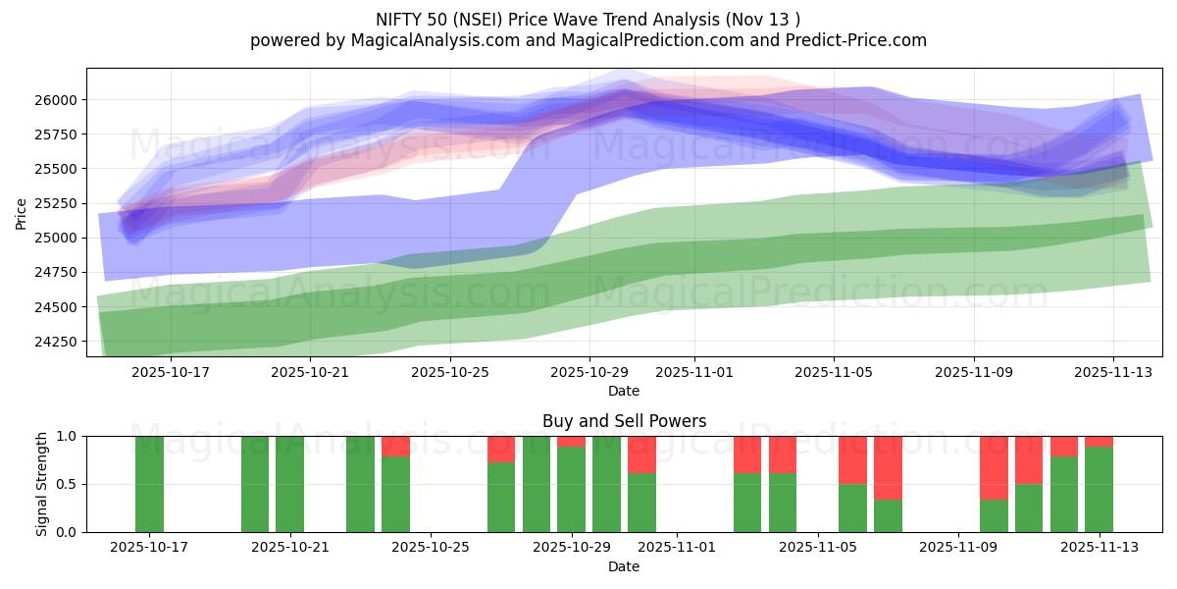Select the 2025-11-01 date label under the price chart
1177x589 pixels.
coord(693,372)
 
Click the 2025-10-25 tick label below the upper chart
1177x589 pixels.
coord(449,372)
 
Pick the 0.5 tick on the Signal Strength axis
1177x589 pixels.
coord(67,485)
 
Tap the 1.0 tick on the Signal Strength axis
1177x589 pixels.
coord(67,436)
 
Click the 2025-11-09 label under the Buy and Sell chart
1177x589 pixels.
coord(956,548)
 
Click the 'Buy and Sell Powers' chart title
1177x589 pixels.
coord(624,421)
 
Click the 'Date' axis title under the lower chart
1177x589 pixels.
coord(624,566)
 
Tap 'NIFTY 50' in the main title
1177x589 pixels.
coord(412,19)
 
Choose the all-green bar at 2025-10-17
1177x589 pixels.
coord(149,484)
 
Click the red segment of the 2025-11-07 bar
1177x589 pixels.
coord(888,468)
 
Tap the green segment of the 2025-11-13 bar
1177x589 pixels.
coord(1099,489)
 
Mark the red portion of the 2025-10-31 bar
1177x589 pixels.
coord(641,455)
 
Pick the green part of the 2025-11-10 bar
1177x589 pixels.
coord(994,515)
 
